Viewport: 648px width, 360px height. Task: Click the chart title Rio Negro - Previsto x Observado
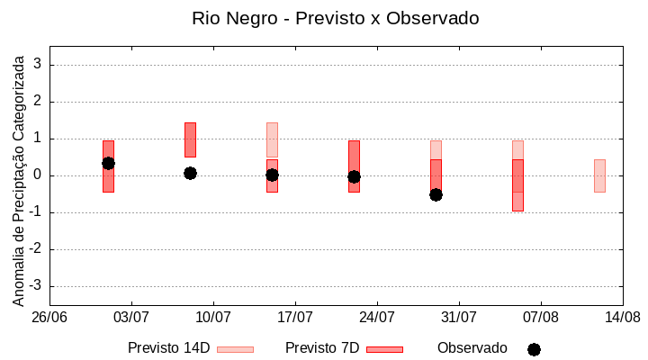335,18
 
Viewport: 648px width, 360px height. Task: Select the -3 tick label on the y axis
35,286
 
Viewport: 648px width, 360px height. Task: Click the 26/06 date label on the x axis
49,318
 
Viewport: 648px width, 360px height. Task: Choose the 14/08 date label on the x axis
622,318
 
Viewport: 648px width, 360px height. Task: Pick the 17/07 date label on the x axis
294,318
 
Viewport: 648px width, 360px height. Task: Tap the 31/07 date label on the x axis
458,318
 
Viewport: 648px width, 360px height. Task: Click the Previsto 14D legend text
168,348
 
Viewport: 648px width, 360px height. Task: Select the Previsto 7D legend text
322,348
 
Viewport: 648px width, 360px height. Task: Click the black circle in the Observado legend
534,349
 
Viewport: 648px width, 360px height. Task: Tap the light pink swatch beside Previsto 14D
235,349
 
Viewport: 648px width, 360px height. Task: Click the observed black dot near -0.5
436,194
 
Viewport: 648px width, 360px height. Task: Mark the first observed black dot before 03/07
108,163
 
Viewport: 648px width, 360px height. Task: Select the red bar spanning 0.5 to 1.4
190,139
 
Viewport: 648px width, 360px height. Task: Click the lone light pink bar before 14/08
599,175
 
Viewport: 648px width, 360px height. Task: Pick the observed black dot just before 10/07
190,173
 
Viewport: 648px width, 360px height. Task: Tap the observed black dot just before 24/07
354,177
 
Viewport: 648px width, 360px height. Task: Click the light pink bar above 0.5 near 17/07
272,140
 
